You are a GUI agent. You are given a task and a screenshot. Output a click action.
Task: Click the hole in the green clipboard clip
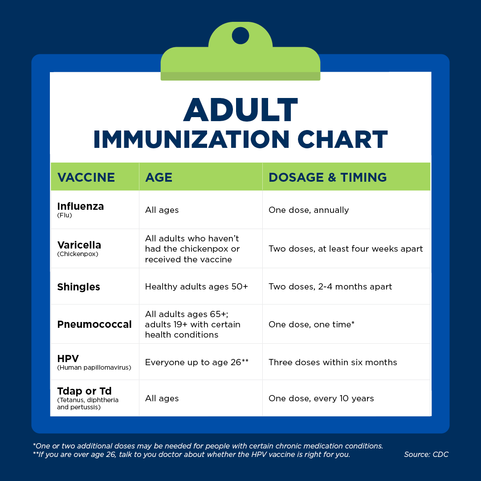click(240, 35)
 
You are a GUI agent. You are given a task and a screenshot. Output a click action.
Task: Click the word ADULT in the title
click(240, 110)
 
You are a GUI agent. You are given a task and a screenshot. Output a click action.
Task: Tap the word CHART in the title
click(342, 139)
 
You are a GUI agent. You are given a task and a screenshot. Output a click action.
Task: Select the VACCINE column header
click(86, 177)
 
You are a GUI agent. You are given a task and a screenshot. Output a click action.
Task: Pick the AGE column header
click(159, 177)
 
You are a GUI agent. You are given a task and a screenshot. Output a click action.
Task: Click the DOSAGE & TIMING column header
click(328, 177)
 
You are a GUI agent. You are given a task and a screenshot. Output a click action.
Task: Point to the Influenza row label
click(80, 206)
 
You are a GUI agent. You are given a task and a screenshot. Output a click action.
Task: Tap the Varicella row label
click(79, 245)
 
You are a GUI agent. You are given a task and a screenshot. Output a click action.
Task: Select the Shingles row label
click(78, 287)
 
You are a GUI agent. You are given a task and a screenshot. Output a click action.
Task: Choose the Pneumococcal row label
click(94, 324)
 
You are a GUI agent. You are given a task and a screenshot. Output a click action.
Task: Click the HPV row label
click(68, 358)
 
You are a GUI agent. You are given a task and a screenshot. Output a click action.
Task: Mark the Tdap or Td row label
click(84, 391)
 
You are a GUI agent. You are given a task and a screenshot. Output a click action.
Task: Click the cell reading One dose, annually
click(309, 210)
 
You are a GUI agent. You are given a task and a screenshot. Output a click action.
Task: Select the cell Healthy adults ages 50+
click(196, 286)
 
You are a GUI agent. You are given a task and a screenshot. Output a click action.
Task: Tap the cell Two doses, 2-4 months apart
click(330, 286)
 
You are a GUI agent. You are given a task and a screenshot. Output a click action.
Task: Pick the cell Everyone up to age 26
click(197, 362)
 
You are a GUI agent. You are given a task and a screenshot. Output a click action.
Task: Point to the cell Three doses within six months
click(333, 362)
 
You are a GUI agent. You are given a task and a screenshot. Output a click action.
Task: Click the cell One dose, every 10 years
click(321, 398)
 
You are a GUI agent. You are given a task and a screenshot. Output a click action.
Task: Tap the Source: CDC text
click(426, 454)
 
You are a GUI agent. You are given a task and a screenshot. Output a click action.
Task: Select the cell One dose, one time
click(311, 324)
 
